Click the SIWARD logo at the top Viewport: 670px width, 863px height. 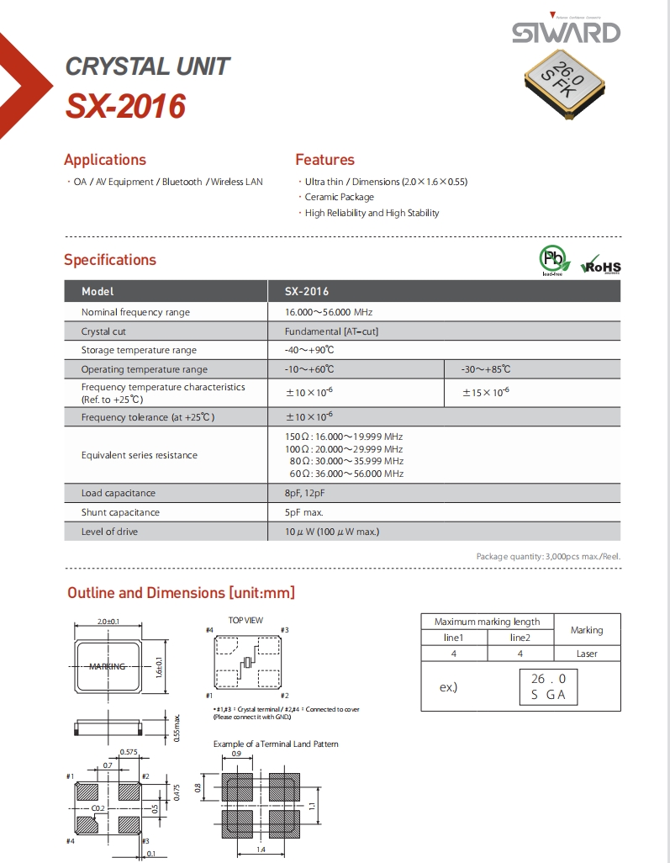tap(566, 33)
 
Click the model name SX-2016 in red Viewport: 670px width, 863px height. tap(125, 107)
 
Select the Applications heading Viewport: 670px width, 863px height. tap(105, 160)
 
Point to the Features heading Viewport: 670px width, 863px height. tap(324, 160)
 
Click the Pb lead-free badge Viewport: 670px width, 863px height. tap(551, 259)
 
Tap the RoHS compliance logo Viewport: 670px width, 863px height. tap(601, 264)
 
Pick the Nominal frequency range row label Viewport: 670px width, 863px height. tap(135, 312)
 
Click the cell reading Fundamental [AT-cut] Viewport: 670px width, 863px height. tap(331, 331)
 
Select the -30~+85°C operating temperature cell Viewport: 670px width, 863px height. tap(486, 369)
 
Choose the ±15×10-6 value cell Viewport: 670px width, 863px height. tap(486, 392)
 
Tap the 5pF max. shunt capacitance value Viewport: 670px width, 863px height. tap(304, 512)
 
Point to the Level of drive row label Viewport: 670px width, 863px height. tap(109, 532)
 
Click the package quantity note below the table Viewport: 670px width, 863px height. tap(548, 557)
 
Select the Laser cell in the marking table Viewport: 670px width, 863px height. tap(587, 654)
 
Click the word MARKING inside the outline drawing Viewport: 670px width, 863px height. tap(108, 666)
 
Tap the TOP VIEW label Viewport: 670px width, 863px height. tap(245, 621)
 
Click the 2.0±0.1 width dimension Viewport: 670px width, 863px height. tap(108, 622)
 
